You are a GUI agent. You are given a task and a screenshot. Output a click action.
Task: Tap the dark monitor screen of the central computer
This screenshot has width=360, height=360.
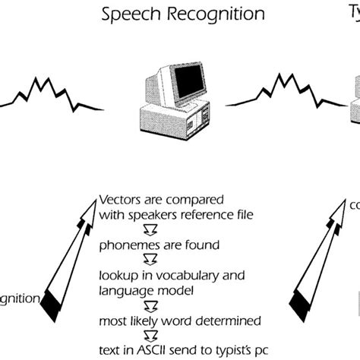coord(184,81)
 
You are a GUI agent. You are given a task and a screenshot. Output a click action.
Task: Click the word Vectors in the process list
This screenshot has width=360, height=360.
coord(121,201)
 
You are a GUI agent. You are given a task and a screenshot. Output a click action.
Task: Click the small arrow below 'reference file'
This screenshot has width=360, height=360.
coord(108,229)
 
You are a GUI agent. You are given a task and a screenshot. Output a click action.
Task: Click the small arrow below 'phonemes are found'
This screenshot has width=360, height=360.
coord(108,259)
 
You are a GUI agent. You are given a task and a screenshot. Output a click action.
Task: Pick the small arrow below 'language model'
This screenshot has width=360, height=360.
coord(108,303)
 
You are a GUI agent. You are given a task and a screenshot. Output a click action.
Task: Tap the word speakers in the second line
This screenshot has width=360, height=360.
coord(152,216)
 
